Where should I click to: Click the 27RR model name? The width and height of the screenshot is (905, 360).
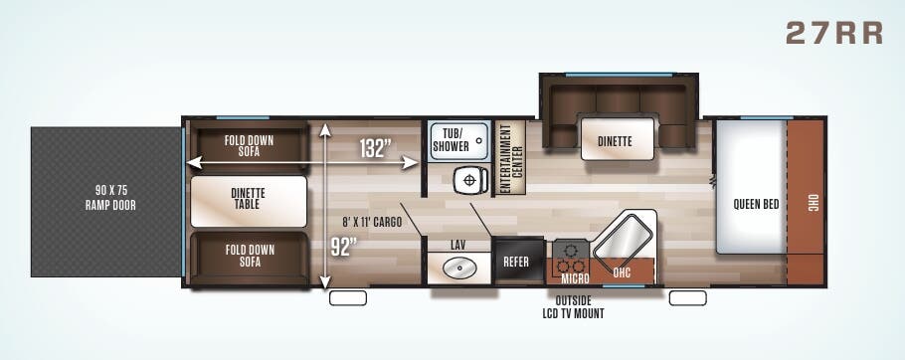[x=834, y=33]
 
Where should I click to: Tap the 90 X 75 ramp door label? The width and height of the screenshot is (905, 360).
[x=110, y=197]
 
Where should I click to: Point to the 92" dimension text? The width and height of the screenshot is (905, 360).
[x=344, y=247]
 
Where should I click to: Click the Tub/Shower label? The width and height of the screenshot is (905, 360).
[x=451, y=140]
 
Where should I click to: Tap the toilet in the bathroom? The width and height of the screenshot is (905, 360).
[x=469, y=181]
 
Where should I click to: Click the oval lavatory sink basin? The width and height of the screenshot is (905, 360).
[x=458, y=269]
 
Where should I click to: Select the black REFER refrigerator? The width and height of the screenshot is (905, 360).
[x=517, y=261]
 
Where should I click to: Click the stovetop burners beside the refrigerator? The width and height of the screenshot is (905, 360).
[x=571, y=258]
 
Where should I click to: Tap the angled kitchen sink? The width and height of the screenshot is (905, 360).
[x=625, y=238]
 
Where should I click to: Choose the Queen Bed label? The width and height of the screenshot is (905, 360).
[x=756, y=204]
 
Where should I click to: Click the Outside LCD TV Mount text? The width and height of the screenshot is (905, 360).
[x=573, y=307]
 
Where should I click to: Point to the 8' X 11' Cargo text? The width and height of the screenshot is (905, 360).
[x=372, y=222]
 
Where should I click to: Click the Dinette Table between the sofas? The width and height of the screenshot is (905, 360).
[x=249, y=200]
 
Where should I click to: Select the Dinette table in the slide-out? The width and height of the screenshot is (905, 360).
[x=618, y=139]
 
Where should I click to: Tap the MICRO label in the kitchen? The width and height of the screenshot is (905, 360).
[x=575, y=279]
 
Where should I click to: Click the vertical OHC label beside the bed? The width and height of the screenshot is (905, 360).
[x=813, y=203]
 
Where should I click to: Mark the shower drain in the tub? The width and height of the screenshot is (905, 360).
[x=479, y=140]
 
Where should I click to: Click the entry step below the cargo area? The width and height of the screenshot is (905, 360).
[x=348, y=298]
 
